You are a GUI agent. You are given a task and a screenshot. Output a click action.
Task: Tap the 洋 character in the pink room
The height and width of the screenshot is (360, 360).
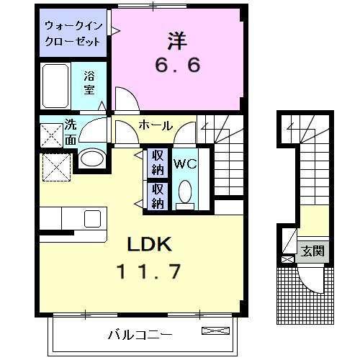(179, 38)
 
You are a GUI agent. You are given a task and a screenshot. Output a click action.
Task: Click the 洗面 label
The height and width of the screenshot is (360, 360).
(71, 132)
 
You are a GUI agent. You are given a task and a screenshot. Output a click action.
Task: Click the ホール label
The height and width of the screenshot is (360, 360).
(156, 125)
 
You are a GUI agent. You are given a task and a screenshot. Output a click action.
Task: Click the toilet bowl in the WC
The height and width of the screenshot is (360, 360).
(184, 193)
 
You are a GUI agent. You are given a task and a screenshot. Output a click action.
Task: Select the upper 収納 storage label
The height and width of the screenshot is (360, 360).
(156, 163)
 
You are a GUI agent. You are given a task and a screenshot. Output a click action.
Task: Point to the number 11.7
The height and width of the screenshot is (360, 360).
(149, 271)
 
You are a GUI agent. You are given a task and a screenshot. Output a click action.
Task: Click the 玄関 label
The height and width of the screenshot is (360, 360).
(313, 251)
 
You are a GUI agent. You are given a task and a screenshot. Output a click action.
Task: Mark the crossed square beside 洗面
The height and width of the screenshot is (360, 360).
(52, 135)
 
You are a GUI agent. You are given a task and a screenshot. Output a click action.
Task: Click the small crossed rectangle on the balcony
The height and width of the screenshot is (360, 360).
(215, 331)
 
